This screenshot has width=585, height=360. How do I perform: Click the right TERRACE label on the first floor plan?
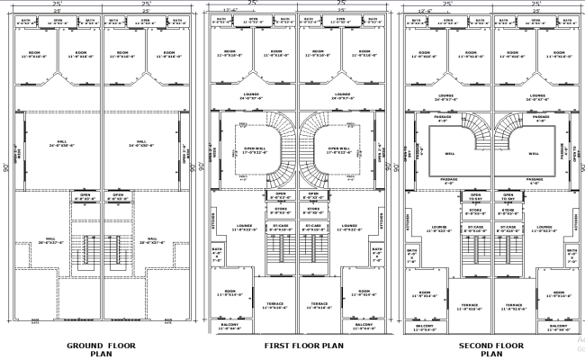click(318, 306)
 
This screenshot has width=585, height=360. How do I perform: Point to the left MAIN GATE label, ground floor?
click(36, 320)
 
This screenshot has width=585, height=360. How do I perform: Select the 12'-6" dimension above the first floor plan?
click(229, 11)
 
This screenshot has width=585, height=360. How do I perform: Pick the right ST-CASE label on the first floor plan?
click(313, 227)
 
